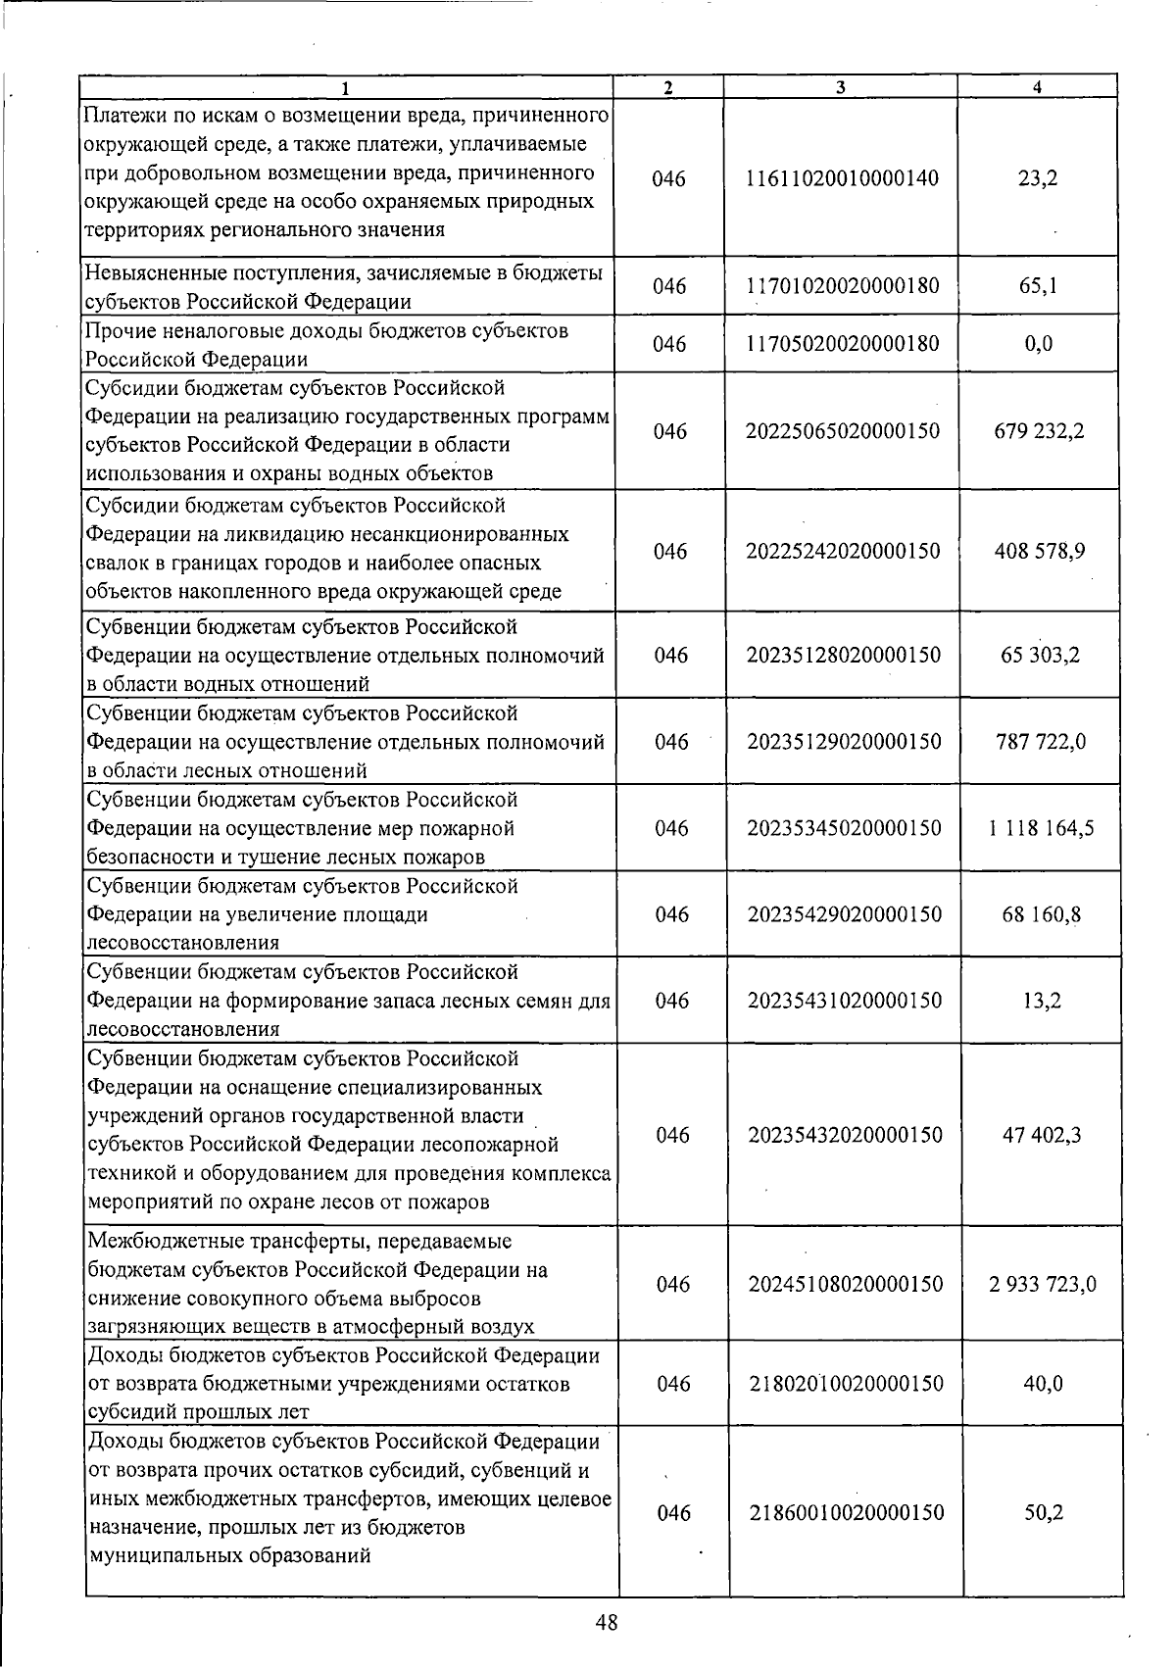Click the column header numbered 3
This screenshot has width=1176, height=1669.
pyautogui.click(x=841, y=87)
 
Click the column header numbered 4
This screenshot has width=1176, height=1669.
pyautogui.click(x=1037, y=87)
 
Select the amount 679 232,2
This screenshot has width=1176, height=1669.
pyautogui.click(x=1039, y=431)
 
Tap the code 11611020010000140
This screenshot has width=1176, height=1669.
pyautogui.click(x=842, y=178)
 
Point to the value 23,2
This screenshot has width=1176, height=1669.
pyautogui.click(x=1039, y=178)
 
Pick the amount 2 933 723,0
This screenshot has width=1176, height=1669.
pyautogui.click(x=1043, y=1284)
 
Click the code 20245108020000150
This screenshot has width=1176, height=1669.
pyautogui.click(x=845, y=1284)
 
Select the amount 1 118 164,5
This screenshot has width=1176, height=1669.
pyautogui.click(x=1041, y=828)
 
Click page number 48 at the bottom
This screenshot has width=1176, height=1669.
pyautogui.click(x=606, y=1622)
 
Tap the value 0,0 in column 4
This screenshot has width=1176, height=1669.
pyautogui.click(x=1039, y=344)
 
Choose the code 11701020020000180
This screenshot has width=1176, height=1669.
pyautogui.click(x=843, y=286)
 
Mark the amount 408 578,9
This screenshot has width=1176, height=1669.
pyautogui.click(x=1039, y=551)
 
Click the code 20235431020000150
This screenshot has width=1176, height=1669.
pyautogui.click(x=845, y=1001)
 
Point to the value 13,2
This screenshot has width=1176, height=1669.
pyautogui.click(x=1041, y=1001)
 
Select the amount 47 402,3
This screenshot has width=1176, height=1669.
pyautogui.click(x=1041, y=1135)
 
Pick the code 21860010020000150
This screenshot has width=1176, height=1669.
pyautogui.click(x=847, y=1512)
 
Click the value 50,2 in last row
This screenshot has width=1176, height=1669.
pyautogui.click(x=1044, y=1512)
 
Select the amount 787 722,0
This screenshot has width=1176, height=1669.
pyautogui.click(x=1040, y=741)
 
